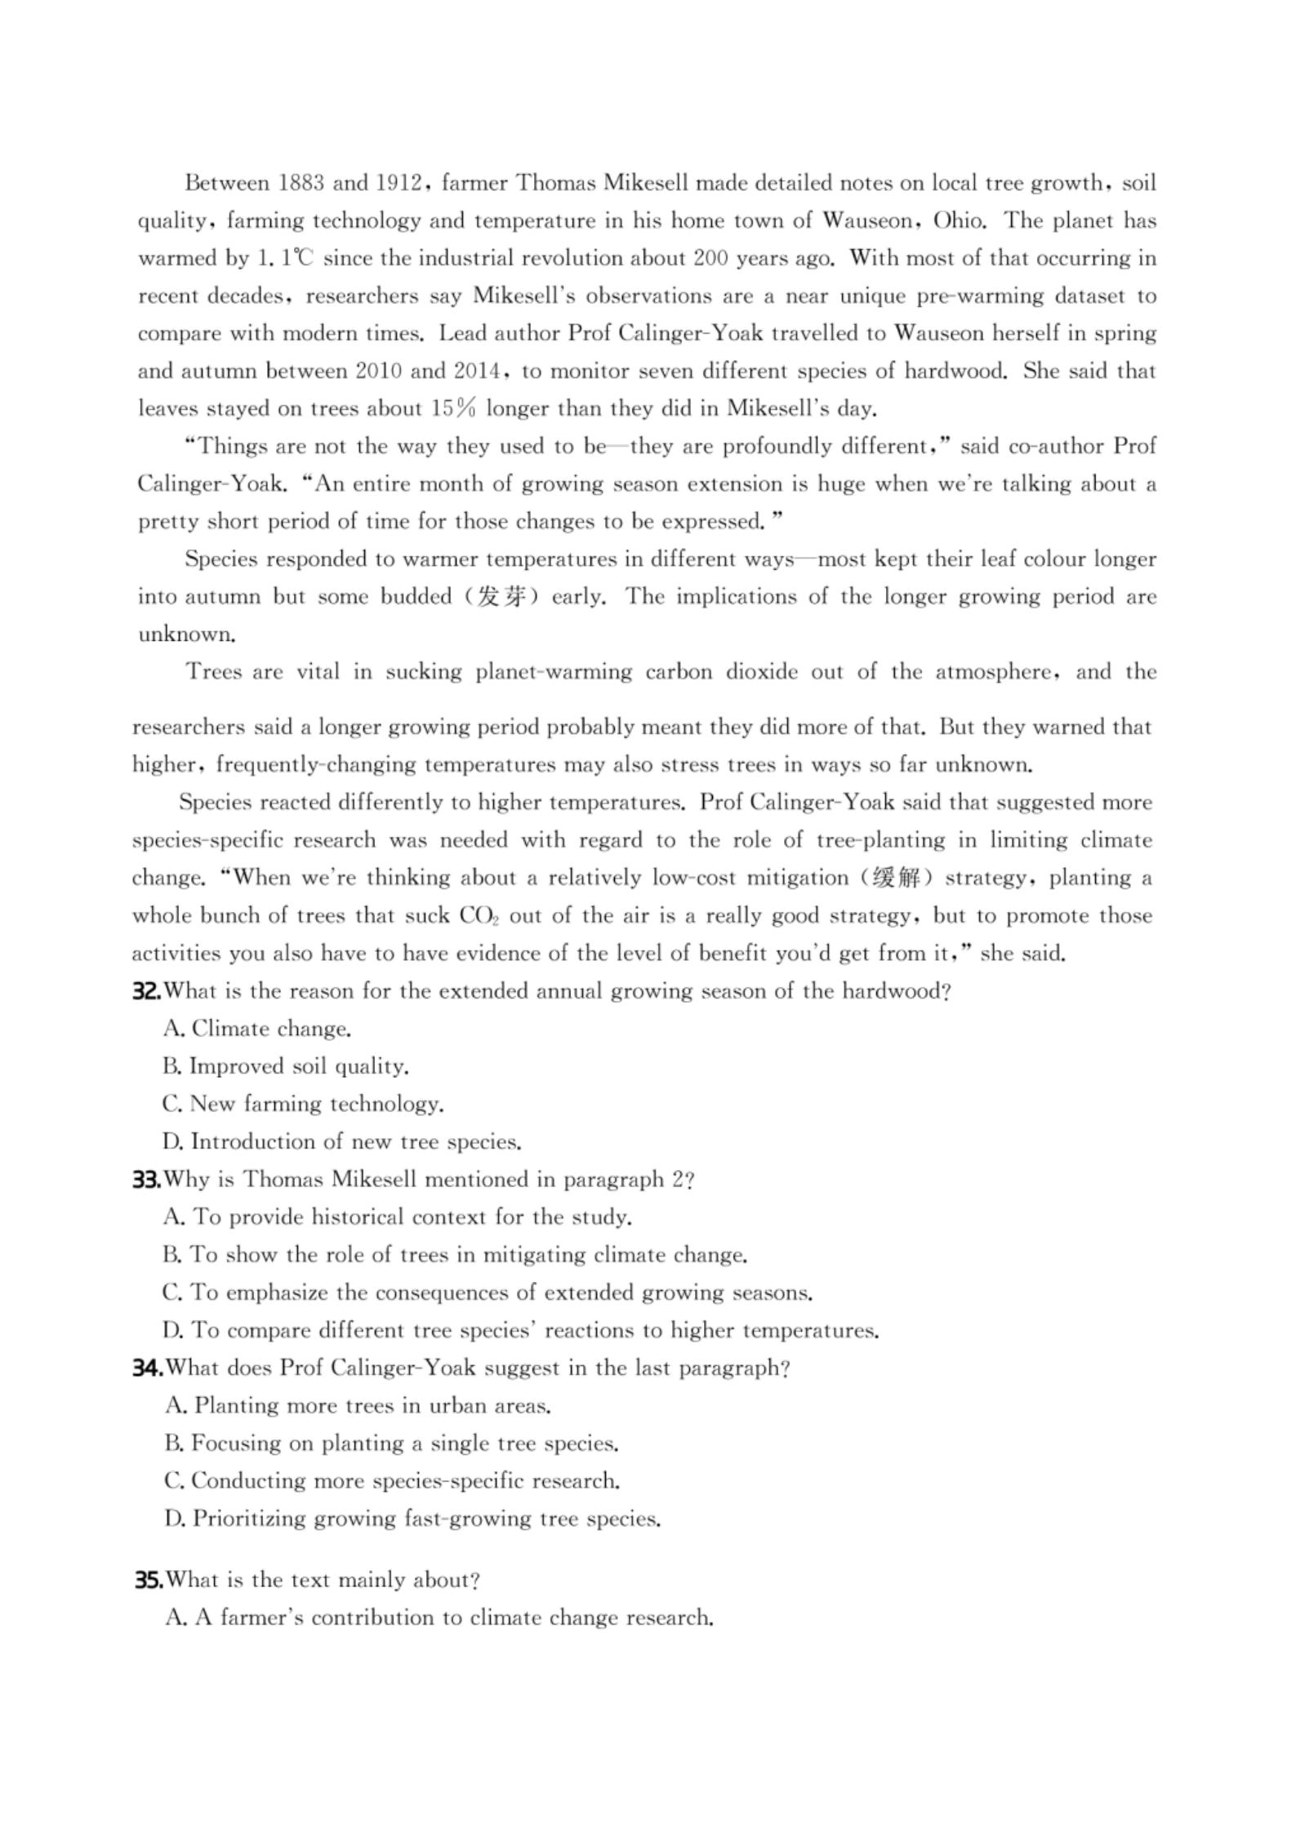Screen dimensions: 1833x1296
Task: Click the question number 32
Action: point(147,991)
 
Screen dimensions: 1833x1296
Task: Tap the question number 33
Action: point(147,1179)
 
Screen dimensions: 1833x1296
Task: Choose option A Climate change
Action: point(257,1029)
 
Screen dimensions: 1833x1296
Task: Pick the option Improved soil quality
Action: point(286,1066)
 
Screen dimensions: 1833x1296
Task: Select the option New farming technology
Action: point(303,1104)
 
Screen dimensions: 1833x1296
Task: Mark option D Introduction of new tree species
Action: point(342,1141)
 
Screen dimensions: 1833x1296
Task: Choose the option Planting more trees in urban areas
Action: point(358,1405)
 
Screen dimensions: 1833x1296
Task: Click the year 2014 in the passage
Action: point(477,371)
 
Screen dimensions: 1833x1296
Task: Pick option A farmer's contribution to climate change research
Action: point(439,1617)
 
